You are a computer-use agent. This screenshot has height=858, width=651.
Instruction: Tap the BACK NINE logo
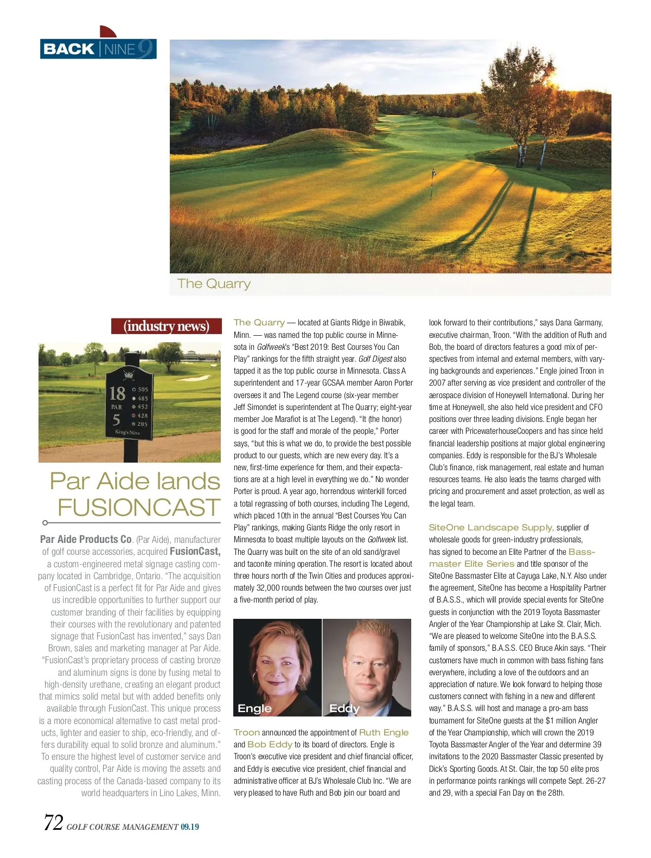[98, 49]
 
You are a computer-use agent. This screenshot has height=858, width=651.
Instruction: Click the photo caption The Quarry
[214, 284]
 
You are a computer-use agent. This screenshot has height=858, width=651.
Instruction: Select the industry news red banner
[167, 326]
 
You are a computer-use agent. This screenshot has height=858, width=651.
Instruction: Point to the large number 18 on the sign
[117, 393]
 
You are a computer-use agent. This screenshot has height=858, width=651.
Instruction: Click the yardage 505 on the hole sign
[143, 389]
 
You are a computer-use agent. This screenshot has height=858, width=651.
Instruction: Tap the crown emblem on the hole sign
[129, 374]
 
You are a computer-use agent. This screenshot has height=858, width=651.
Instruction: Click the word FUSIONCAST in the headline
[139, 508]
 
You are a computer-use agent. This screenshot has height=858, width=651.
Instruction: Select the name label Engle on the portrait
[254, 708]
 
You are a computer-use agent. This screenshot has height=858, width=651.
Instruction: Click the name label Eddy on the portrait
[344, 708]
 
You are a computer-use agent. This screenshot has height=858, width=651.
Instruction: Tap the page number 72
[53, 823]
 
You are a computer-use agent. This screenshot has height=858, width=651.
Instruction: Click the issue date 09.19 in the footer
[190, 827]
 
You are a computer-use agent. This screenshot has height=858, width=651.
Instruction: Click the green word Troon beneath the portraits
[246, 732]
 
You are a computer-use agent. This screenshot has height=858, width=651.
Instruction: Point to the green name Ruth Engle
[384, 732]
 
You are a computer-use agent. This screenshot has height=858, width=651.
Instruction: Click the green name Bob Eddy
[270, 744]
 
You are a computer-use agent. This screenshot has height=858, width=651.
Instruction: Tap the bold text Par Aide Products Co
[86, 539]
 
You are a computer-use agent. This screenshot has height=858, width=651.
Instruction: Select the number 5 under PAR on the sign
[116, 419]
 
